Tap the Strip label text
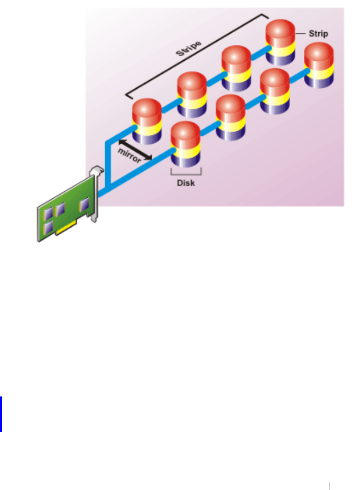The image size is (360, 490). pyautogui.click(x=319, y=33)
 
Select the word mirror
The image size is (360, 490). pyautogui.click(x=129, y=155)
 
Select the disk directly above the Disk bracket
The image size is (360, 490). pyautogui.click(x=186, y=144)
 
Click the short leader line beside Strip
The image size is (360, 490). pyautogui.click(x=301, y=33)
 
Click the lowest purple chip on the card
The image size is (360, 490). pyautogui.click(x=49, y=228)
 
